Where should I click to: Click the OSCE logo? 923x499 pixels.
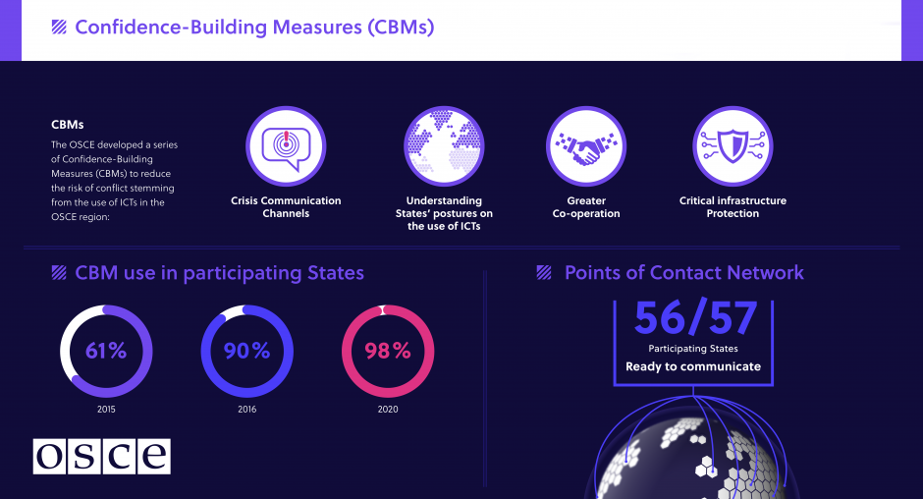coord(101,456)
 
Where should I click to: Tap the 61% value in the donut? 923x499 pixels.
coord(106,351)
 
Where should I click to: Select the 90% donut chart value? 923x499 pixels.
coord(247,351)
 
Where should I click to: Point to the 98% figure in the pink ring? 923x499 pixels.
coord(388,351)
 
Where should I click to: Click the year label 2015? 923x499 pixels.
coord(106,410)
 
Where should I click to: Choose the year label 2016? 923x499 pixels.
coord(247,410)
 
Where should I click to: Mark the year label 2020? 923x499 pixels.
coord(388,410)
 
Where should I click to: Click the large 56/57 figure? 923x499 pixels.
coord(695,318)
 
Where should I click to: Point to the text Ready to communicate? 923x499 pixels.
coord(693,366)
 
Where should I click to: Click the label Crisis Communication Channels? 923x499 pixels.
coord(286,207)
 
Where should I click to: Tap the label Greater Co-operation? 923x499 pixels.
coord(586,207)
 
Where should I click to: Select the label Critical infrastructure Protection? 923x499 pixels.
coord(733,207)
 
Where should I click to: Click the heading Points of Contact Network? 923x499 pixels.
coord(683,273)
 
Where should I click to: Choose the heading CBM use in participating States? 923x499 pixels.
coord(219,273)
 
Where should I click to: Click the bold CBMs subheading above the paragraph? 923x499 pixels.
coord(68,125)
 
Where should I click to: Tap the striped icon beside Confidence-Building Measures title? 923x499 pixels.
coord(59,28)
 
